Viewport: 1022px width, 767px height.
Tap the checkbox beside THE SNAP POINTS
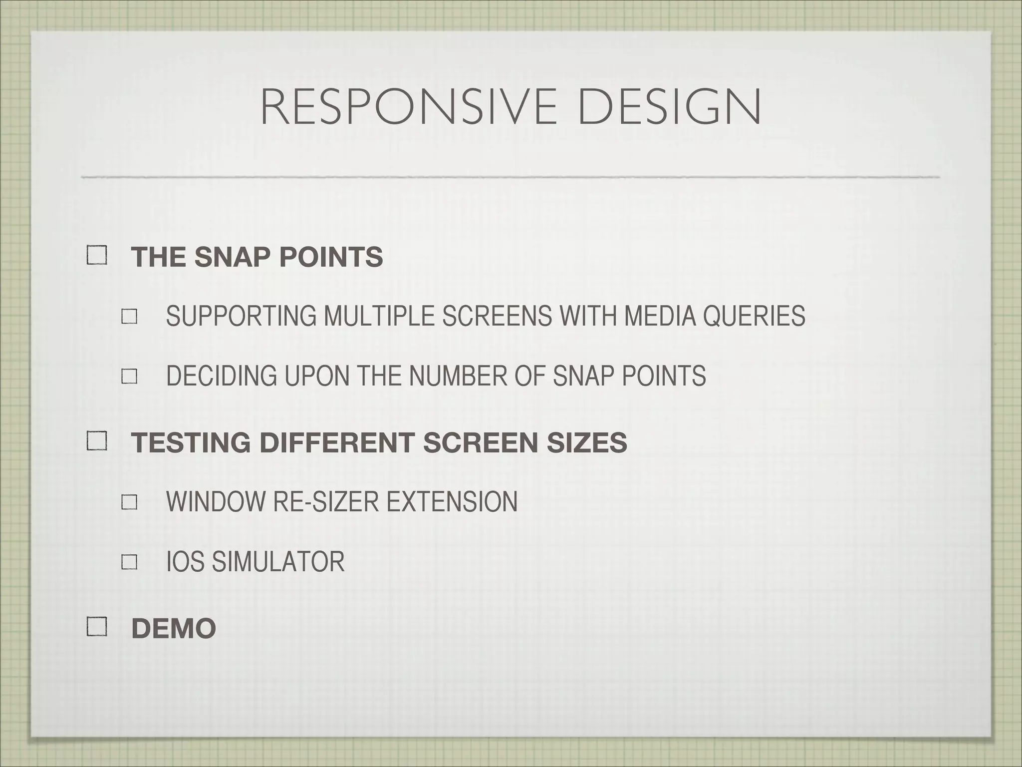97,256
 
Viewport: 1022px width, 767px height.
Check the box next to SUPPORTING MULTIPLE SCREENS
129,317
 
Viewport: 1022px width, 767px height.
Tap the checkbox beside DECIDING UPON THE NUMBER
129,377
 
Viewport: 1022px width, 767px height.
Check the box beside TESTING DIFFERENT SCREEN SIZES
97,441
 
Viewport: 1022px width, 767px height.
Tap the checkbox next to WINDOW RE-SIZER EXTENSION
129,502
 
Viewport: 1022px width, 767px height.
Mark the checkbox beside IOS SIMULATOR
129,562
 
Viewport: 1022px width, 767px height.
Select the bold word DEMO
173,629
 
